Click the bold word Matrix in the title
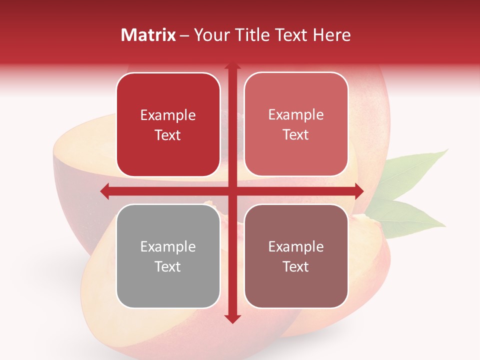pyautogui.click(x=148, y=35)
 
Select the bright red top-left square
pyautogui.click(x=168, y=124)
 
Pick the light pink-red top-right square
pyautogui.click(x=296, y=124)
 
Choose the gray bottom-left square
pyautogui.click(x=168, y=256)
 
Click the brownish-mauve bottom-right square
pyautogui.click(x=296, y=256)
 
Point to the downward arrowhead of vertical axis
pyautogui.click(x=232, y=319)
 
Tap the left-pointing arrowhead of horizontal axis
pyautogui.click(x=104, y=191)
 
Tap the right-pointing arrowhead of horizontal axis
pyautogui.click(x=359, y=191)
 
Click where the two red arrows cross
pyautogui.click(x=232, y=191)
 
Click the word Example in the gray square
pyautogui.click(x=168, y=246)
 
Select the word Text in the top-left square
pyautogui.click(x=168, y=135)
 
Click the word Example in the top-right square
pyautogui.click(x=296, y=114)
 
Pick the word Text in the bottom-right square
pyautogui.click(x=296, y=266)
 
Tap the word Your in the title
pyautogui.click(x=209, y=35)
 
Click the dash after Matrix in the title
pyautogui.click(x=184, y=35)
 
